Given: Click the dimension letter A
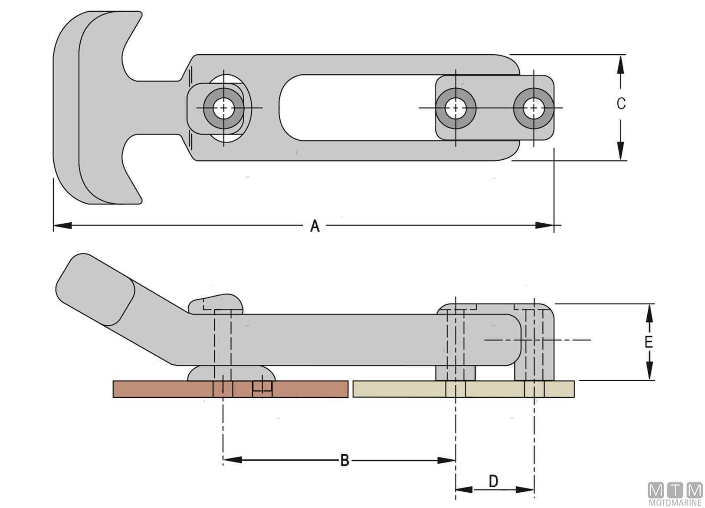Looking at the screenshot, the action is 315,226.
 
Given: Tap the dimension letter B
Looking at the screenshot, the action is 344,460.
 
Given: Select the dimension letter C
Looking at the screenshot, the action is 621,103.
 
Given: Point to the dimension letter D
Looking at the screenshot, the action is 494,481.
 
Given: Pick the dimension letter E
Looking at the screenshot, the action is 648,342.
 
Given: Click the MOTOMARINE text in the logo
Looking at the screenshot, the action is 675,503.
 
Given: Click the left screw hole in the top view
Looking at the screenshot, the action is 223,108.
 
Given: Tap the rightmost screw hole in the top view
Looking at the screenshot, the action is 534,108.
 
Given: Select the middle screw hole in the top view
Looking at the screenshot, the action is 456,108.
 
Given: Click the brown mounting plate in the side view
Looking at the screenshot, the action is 230,389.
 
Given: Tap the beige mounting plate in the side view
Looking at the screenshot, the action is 463,389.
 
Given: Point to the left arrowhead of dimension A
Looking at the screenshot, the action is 62,225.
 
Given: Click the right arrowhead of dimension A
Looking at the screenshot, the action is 544,225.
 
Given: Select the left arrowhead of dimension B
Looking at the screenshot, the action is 233,460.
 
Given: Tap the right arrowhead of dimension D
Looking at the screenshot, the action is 525,490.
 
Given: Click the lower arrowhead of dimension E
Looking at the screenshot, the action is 649,370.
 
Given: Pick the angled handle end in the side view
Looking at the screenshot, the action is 95,290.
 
